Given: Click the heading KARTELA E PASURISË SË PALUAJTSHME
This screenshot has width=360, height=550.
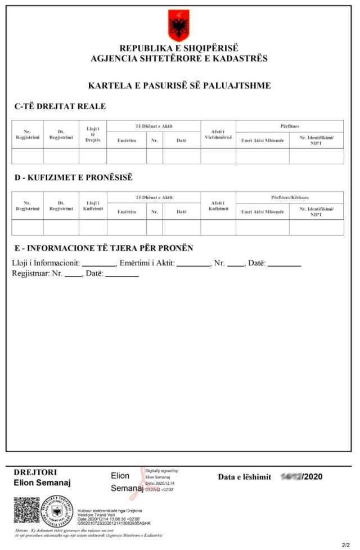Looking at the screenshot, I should coord(179,85).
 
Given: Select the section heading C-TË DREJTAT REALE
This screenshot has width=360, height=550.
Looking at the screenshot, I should coord(60,106).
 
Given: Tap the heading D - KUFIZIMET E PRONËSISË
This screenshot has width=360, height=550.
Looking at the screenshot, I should coord(73,178).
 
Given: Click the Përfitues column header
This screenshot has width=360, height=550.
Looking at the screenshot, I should coord(289,126).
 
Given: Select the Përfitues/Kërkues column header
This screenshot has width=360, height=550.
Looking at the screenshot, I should coord(289,197).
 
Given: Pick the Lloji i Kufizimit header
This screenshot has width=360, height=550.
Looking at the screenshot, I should coord(92,205).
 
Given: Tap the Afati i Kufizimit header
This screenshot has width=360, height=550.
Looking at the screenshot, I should coord(218,205).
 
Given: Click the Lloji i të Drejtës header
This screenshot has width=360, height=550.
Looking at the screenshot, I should coord(92,134).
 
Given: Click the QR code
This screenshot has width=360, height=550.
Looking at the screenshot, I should coord(26,510).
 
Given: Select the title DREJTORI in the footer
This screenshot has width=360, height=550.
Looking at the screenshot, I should coord(35,472).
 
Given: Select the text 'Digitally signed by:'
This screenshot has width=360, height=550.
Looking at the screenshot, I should coord(162,471).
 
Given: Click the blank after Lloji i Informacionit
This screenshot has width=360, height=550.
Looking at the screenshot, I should coord(99,263).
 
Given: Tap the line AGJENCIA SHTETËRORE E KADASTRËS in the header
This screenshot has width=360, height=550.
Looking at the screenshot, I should coord(179,58).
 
